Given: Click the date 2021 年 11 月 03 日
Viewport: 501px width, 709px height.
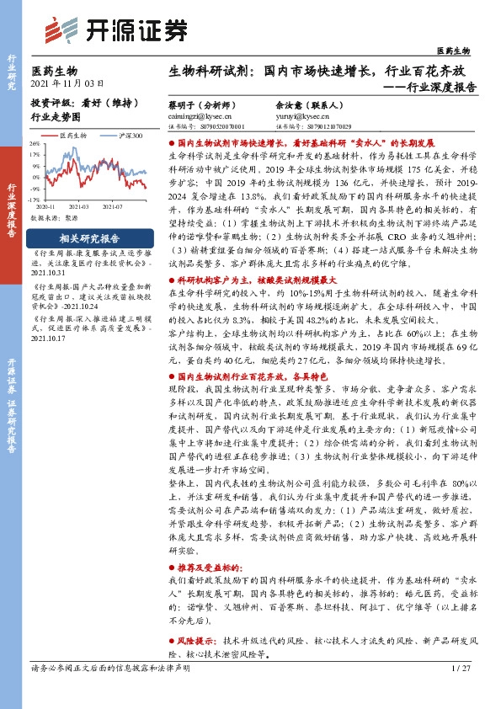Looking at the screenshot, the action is tap(67, 84).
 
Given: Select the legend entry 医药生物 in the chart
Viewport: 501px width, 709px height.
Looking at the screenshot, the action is tap(71, 135).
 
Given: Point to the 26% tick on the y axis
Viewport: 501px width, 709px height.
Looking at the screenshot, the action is tap(35, 144).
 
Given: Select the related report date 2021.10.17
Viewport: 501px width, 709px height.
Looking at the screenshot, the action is tap(47, 339).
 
